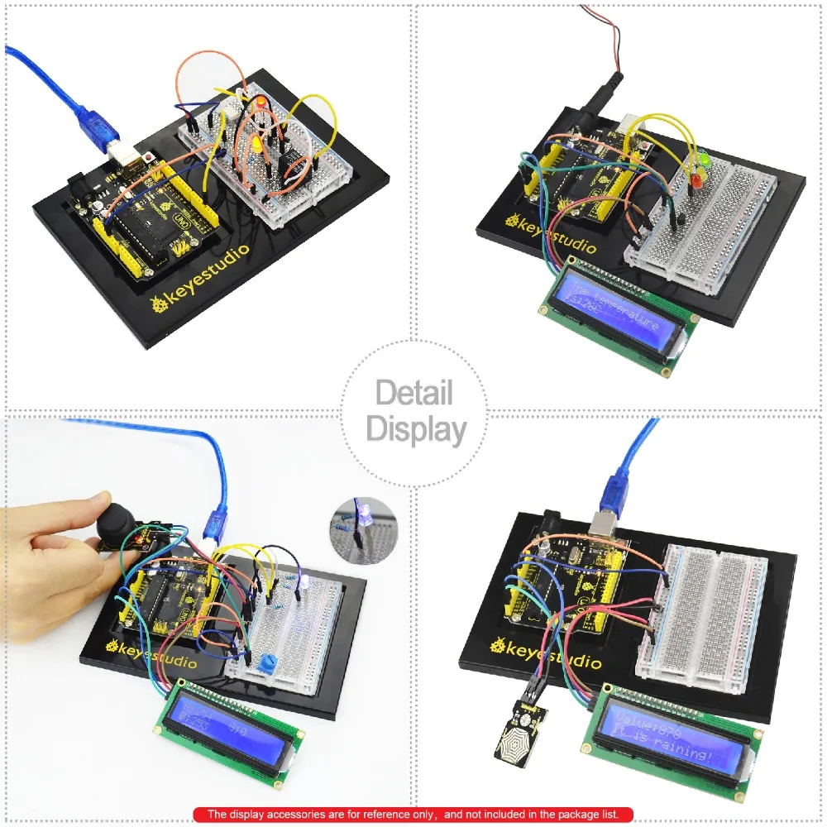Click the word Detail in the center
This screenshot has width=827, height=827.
414,392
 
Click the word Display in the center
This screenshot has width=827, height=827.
416,430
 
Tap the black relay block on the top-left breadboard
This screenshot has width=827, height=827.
288,165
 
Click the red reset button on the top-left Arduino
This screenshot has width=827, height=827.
149,155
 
